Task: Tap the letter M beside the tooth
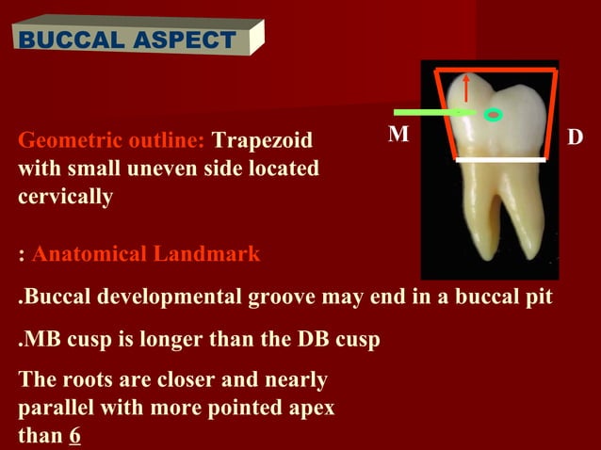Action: tap(399, 136)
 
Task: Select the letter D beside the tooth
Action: tap(575, 137)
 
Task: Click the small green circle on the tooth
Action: tap(492, 116)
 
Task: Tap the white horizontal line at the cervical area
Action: tap(500, 160)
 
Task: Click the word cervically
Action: tap(66, 198)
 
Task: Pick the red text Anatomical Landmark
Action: tap(146, 254)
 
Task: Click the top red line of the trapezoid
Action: tap(495, 70)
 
